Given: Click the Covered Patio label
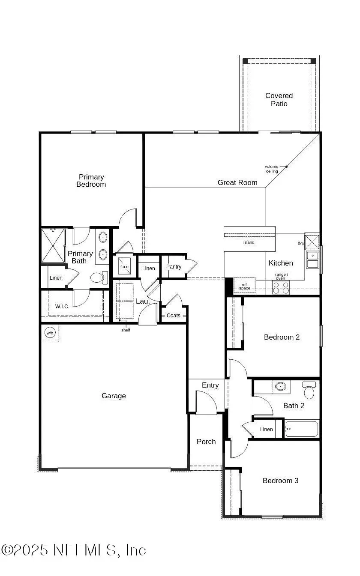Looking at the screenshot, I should (279, 100).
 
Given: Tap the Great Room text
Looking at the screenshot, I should (237, 183).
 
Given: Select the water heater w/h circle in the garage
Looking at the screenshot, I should (50, 333).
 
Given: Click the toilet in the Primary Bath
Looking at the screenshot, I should (98, 278).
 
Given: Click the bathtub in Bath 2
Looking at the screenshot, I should (302, 429).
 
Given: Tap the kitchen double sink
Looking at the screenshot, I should (312, 260).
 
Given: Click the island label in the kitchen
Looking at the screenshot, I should (249, 242).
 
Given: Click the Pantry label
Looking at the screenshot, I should (174, 267).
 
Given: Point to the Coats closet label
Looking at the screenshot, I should (174, 316).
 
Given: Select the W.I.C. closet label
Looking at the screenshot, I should (62, 307).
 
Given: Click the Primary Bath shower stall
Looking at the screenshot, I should (53, 246).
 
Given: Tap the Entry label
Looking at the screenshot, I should (210, 385).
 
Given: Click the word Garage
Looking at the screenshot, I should (114, 396).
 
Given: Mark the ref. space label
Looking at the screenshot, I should (244, 287).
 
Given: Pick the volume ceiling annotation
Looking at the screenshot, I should (272, 169).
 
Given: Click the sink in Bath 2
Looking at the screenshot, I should (281, 387).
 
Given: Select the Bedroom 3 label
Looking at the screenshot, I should (280, 481).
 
